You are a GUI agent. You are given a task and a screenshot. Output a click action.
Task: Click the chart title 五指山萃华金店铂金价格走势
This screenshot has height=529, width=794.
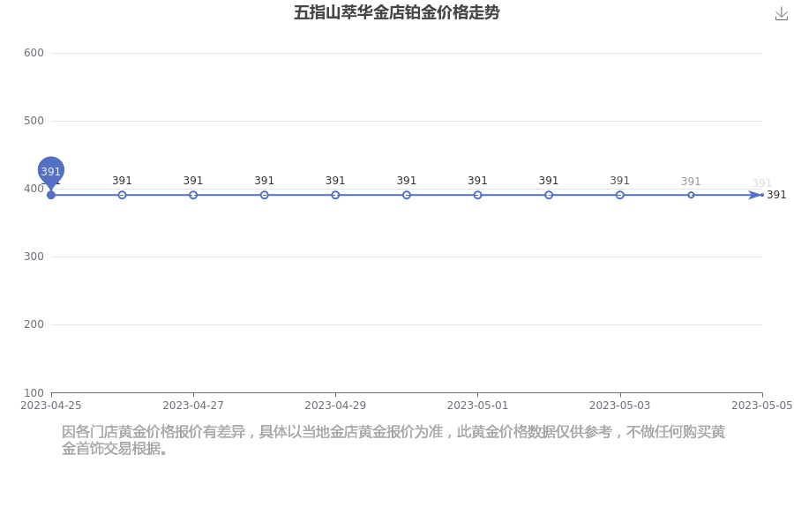tap(396, 12)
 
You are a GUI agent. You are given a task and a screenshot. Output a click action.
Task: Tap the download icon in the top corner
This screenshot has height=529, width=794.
tap(782, 14)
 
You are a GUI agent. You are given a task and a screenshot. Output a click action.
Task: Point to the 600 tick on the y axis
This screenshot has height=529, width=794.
tap(34, 53)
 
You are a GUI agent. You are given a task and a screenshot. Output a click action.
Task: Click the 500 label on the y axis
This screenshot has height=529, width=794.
tap(34, 121)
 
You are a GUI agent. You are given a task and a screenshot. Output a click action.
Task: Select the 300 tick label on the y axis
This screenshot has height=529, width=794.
tap(34, 257)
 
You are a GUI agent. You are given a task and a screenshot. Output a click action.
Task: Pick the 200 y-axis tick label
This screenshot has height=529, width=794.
tap(34, 324)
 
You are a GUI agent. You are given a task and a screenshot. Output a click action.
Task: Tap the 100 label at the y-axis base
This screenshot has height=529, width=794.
tap(34, 393)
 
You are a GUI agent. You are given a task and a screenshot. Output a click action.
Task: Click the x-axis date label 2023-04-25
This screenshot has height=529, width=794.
tap(50, 405)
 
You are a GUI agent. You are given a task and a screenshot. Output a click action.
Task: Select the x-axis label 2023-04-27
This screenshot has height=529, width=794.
tap(193, 405)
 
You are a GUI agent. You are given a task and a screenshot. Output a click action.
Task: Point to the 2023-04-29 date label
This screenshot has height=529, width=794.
tap(335, 405)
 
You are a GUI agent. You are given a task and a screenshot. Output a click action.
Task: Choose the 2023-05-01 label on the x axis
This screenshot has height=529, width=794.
tap(477, 405)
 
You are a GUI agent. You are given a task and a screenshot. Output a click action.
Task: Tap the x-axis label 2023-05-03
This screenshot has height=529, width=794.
tap(620, 405)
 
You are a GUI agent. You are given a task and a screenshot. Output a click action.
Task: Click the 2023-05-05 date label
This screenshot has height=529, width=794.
tap(762, 405)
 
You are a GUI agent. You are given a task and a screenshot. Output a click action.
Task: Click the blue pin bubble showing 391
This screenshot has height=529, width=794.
tap(50, 171)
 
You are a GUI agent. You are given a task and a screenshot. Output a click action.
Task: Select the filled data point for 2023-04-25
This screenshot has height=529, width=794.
tap(50, 195)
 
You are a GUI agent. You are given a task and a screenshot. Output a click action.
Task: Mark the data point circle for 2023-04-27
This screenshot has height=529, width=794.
tap(193, 195)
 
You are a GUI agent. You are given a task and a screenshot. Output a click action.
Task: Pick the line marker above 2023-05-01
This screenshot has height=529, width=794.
tap(477, 195)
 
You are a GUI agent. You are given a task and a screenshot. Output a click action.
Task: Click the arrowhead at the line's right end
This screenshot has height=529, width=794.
tap(755, 195)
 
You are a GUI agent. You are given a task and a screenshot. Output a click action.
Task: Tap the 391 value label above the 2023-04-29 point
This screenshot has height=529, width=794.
tap(335, 181)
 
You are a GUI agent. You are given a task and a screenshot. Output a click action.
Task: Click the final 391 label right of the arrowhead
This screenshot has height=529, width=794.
tap(776, 195)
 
